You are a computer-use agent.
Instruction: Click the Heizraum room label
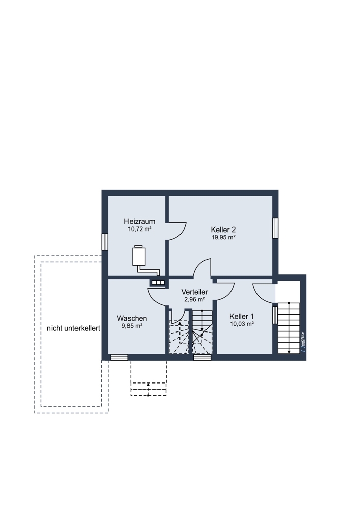[140, 221]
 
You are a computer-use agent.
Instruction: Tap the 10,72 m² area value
[140, 229]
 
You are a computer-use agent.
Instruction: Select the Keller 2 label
[223, 229]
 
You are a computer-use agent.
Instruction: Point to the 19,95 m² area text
[223, 237]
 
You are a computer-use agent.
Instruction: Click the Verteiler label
[194, 292]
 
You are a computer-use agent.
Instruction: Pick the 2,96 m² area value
[194, 299]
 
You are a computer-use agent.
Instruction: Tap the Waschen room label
[132, 318]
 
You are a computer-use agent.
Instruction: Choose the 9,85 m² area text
[132, 326]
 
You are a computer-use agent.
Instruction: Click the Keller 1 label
[242, 317]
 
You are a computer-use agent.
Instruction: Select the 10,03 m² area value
[242, 324]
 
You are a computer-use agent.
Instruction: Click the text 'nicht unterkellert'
[73, 328]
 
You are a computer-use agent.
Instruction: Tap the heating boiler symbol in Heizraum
[139, 256]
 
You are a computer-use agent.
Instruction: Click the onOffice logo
[303, 342]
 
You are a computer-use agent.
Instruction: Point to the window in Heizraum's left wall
[105, 242]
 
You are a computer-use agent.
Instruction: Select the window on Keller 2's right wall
[275, 227]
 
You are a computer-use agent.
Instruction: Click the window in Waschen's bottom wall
[119, 358]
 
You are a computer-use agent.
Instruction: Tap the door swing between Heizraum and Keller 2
[176, 231]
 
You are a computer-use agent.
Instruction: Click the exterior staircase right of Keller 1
[289, 328]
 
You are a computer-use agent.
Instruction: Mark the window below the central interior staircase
[202, 358]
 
